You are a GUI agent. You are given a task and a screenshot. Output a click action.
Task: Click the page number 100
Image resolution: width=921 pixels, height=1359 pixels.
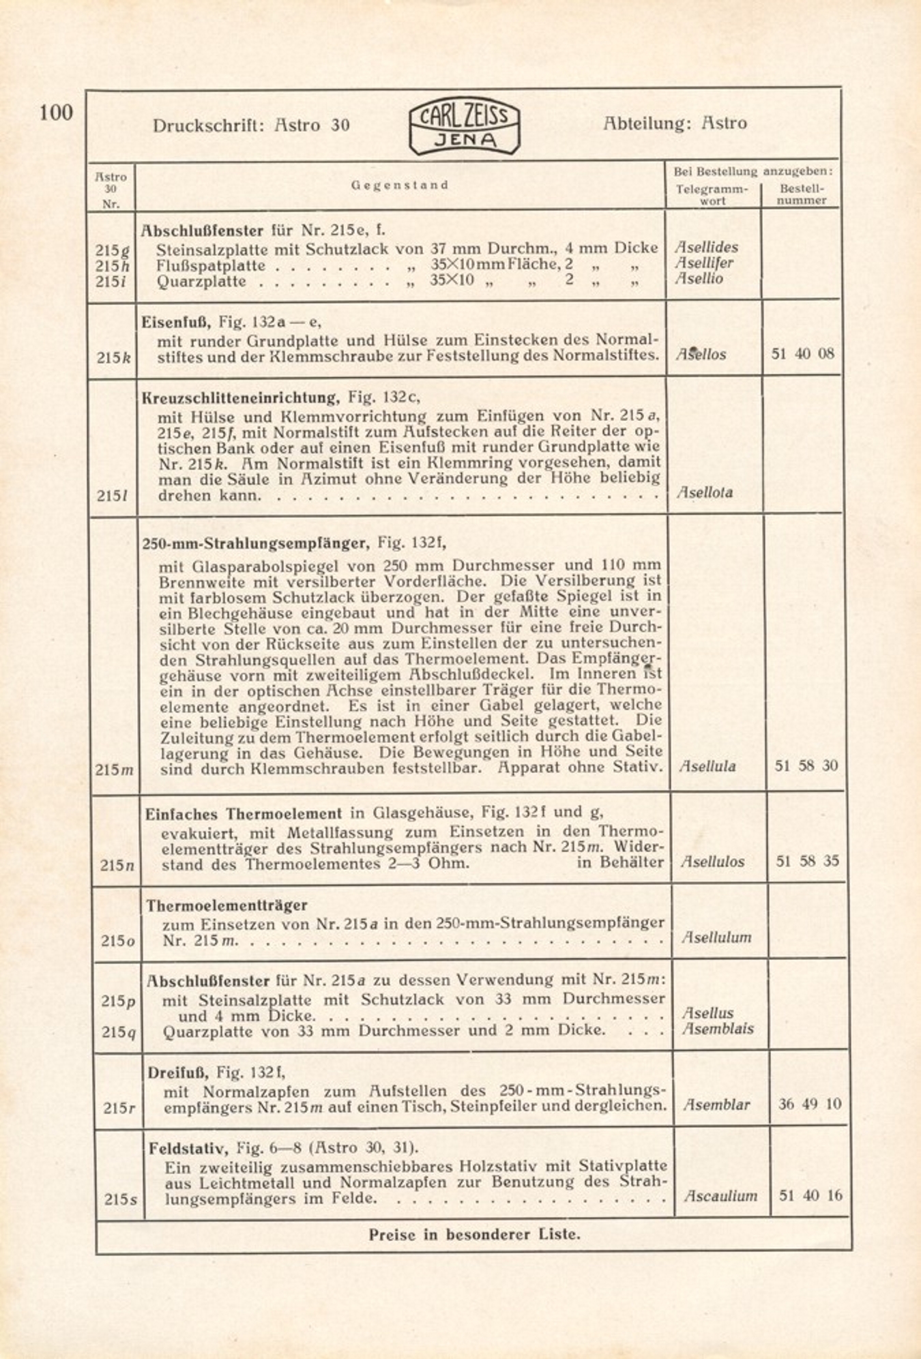pyautogui.click(x=56, y=113)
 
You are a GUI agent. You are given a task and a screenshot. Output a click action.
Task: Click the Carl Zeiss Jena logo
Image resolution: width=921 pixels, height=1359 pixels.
pyautogui.click(x=464, y=126)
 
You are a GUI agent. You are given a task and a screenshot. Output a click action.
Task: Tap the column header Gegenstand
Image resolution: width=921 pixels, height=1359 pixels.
pyautogui.click(x=400, y=185)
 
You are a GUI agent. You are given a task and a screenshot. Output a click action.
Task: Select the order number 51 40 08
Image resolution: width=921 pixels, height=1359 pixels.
pyautogui.click(x=802, y=353)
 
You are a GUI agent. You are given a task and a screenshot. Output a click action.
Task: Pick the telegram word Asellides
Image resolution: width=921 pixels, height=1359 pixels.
pyautogui.click(x=707, y=247)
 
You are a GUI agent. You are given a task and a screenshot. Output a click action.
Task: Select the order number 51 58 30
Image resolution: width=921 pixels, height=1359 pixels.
pyautogui.click(x=806, y=765)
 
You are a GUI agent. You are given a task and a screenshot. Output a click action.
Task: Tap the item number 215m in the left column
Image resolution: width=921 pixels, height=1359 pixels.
pyautogui.click(x=115, y=769)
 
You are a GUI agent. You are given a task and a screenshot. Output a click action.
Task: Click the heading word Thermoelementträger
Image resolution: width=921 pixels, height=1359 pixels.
pyautogui.click(x=226, y=905)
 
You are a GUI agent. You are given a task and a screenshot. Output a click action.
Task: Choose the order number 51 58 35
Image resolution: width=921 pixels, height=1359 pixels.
pyautogui.click(x=807, y=861)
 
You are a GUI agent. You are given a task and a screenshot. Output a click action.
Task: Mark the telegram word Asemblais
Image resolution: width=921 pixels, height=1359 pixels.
pyautogui.click(x=718, y=1029)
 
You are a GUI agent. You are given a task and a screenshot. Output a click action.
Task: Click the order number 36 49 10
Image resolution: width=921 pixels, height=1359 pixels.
pyautogui.click(x=810, y=1104)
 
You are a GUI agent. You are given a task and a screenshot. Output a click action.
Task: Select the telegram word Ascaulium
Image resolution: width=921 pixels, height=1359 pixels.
pyautogui.click(x=721, y=1195)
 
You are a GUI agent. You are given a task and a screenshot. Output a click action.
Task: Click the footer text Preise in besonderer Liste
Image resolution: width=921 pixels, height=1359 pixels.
pyautogui.click(x=474, y=1234)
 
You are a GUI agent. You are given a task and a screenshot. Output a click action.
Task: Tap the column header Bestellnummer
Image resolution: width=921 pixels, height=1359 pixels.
pyautogui.click(x=802, y=194)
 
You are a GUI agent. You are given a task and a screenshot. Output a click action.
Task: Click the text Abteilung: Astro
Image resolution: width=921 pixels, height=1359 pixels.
pyautogui.click(x=675, y=123)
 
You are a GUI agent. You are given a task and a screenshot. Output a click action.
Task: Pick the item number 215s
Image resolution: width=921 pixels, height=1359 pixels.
pyautogui.click(x=119, y=1198)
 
